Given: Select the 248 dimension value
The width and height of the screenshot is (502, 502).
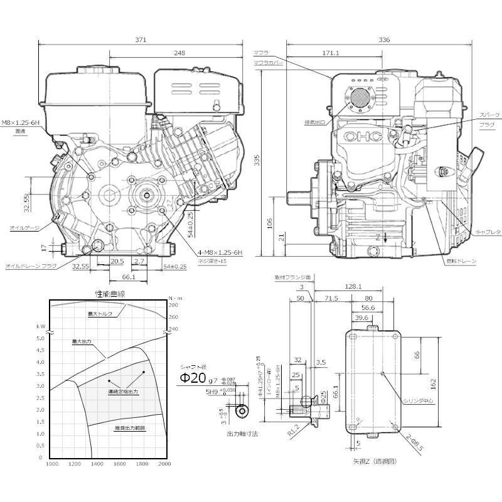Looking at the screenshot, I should pyautogui.click(x=179, y=54).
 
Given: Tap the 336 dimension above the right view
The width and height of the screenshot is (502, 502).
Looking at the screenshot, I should pyautogui.click(x=384, y=40).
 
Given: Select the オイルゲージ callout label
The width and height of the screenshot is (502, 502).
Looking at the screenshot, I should pyautogui.click(x=24, y=227).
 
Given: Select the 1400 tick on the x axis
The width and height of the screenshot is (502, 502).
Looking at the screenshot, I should pyautogui.click(x=97, y=464).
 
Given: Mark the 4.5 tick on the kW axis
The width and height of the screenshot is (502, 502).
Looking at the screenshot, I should pyautogui.click(x=41, y=362).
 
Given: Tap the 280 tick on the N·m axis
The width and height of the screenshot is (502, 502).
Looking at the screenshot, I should pyautogui.click(x=173, y=305).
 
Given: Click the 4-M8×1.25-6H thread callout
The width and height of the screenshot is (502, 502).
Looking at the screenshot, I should pyautogui.click(x=220, y=252).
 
